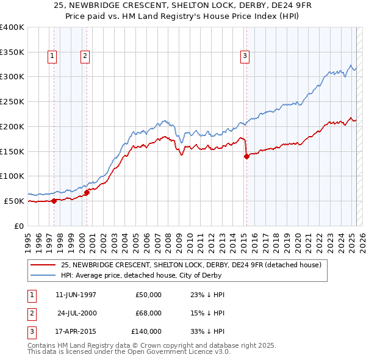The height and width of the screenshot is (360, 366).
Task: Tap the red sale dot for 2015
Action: pos(246,156)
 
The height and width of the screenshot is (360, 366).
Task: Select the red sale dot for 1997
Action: pos(54,200)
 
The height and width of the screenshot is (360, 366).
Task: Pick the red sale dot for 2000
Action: pos(87,192)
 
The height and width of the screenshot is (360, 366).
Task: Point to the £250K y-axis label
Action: pos(12,101)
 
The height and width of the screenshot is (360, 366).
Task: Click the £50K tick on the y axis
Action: pos(15,201)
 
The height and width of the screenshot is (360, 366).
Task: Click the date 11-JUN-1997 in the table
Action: pos(76,295)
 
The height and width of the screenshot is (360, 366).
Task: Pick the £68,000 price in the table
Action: pos(148,313)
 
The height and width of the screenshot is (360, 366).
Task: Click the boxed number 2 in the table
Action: pos(30,313)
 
